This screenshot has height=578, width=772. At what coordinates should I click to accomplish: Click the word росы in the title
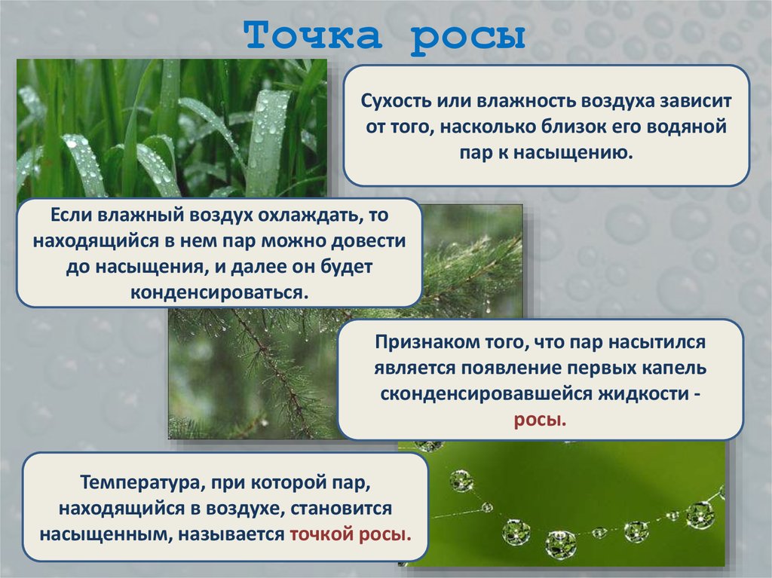point(467,35)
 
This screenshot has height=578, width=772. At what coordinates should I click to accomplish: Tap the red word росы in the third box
point(540,419)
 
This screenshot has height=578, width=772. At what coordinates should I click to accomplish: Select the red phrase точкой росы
point(351,533)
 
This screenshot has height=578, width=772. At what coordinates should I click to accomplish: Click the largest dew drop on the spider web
point(560,543)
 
